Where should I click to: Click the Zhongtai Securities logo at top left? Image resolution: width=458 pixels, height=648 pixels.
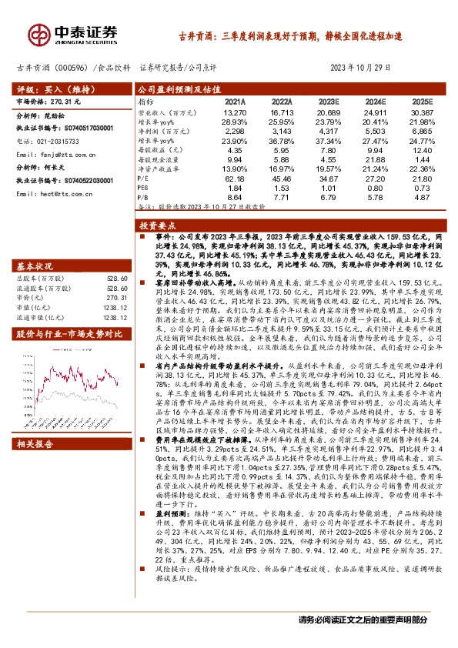pyautogui.click(x=74, y=33)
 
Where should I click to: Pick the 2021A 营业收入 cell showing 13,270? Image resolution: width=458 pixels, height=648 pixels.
pyautogui.click(x=235, y=112)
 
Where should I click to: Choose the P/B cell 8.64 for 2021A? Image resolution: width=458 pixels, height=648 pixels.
pyautogui.click(x=235, y=198)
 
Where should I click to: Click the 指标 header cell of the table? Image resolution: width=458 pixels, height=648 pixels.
pyautogui.click(x=145, y=101)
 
